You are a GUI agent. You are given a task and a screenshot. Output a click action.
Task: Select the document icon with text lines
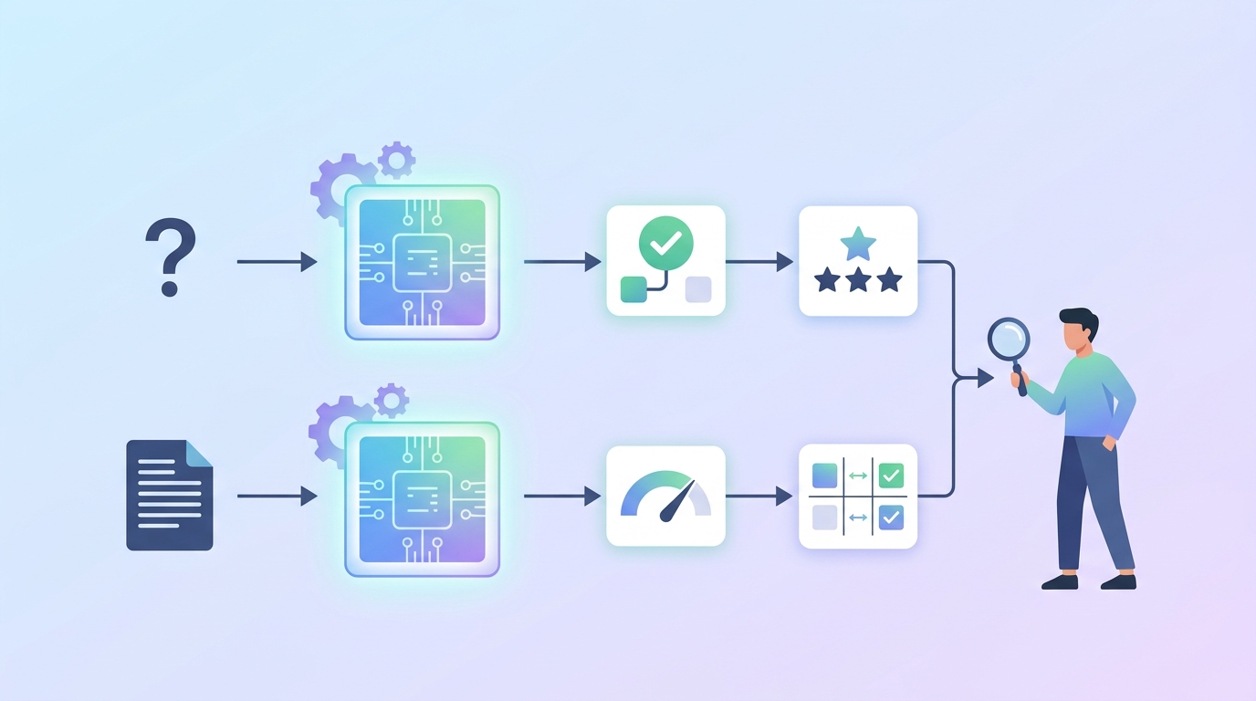tap(170, 495)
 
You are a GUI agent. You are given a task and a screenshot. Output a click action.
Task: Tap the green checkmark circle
tap(666, 242)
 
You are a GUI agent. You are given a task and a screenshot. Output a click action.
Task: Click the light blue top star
tap(857, 245)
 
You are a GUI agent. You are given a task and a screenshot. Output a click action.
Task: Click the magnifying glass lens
tap(1009, 339)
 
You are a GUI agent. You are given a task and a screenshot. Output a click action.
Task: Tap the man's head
tap(1078, 330)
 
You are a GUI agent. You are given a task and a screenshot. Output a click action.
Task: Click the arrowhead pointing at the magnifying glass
tap(985, 377)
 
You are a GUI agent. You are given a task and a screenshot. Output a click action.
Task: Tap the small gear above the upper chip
tap(396, 160)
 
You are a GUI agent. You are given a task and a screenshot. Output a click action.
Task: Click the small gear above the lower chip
tap(392, 401)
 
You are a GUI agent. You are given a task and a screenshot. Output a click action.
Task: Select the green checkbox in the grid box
tap(890, 476)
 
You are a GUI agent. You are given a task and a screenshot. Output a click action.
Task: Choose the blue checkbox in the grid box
tap(890, 518)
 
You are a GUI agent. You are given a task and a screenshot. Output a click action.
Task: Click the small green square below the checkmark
tap(633, 289)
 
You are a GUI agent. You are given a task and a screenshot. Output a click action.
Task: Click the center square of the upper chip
tap(422, 262)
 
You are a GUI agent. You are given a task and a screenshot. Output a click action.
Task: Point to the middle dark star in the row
tap(858, 279)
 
